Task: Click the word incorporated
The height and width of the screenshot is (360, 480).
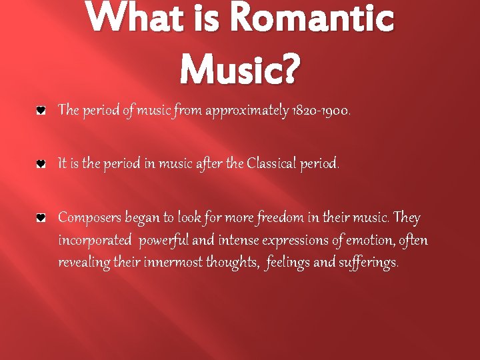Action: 95,240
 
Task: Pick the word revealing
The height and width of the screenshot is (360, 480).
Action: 83,262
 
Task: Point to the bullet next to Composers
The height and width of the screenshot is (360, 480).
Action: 41,217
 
